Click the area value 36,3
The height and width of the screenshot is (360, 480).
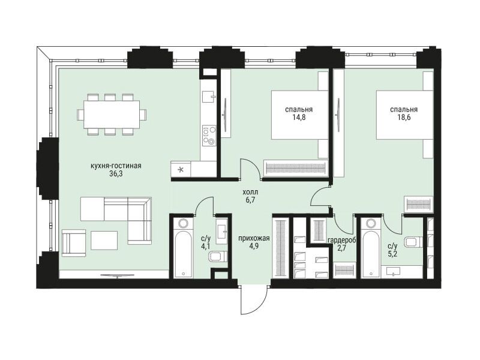pos(116,174)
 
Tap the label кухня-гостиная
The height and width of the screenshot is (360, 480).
pos(116,166)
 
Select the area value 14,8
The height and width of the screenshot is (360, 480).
pos(298,118)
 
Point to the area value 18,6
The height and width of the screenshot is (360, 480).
pos(404,118)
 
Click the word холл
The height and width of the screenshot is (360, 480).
pos(250,192)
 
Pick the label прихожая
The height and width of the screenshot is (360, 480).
pos(254,238)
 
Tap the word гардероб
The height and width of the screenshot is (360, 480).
pos(341,241)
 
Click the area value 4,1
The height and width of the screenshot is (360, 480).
pos(206,247)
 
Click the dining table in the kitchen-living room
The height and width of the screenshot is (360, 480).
pos(112,115)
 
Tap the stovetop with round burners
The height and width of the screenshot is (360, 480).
pos(209,136)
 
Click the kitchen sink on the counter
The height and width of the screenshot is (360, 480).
pos(209,97)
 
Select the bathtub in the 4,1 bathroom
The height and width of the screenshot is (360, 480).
pos(184,248)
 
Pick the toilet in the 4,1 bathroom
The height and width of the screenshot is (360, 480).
pos(218,257)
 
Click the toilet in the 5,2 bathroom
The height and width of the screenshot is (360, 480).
pos(413,242)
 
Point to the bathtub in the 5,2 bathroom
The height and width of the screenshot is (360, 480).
pos(370,248)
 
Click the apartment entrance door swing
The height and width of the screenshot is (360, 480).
pos(254,300)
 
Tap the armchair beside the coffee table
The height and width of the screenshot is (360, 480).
pos(74,243)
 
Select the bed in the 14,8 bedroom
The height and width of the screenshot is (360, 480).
pos(300,115)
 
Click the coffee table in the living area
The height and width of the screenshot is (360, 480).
pos(104,241)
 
